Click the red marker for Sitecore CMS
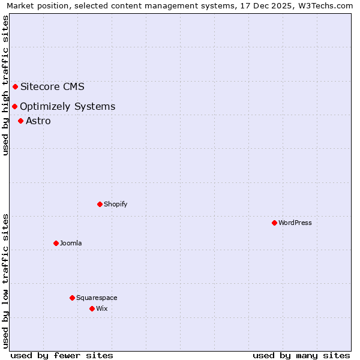pyautogui.click(x=15, y=86)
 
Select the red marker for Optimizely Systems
pyautogui.click(x=14, y=106)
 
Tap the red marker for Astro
pyautogui.click(x=20, y=121)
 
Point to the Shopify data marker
pyautogui.click(x=100, y=204)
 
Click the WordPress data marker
pyautogui.click(x=274, y=223)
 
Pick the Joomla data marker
pyautogui.click(x=56, y=243)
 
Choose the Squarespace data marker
pyautogui.click(x=72, y=298)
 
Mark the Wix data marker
pyautogui.click(x=92, y=308)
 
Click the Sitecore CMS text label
pyautogui.click(x=52, y=86)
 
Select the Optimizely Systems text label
pyautogui.click(x=67, y=107)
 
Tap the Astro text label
pyautogui.click(x=38, y=121)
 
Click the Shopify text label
pyautogui.click(x=116, y=205)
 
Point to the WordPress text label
pyautogui.click(x=295, y=223)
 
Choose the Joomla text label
pyautogui.click(x=71, y=244)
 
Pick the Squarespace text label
pyautogui.click(x=97, y=298)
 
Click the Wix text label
pyautogui.click(x=102, y=309)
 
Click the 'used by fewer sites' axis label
pyautogui.click(x=62, y=355)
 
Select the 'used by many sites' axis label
pyautogui.click(x=301, y=355)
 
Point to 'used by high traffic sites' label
pyautogui.click(x=5, y=85)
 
